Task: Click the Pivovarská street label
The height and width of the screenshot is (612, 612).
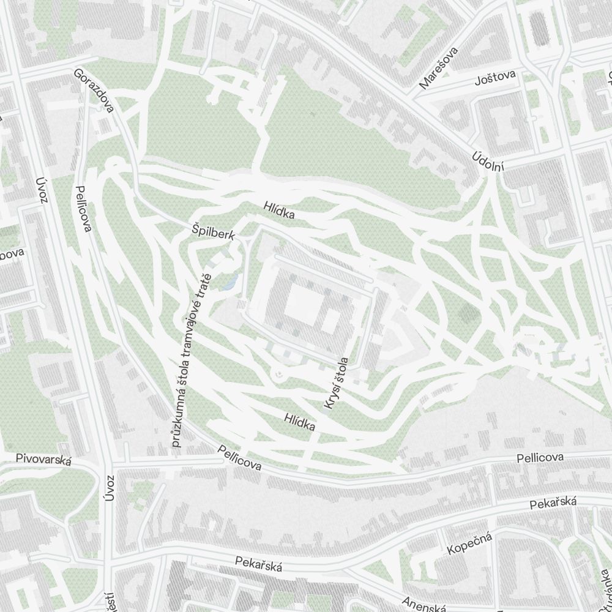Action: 43,459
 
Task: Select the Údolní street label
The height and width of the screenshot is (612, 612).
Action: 487,162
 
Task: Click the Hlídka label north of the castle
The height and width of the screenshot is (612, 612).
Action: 280,211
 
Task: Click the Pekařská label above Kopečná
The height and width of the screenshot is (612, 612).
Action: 553,503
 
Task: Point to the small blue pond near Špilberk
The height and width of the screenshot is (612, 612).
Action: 231,282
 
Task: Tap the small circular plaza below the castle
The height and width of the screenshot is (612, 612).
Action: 279,371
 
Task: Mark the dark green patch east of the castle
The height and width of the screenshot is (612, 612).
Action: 470,313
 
